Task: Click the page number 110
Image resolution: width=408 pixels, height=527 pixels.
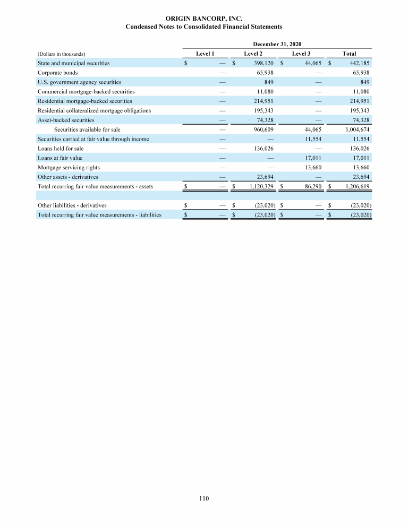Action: tap(204, 498)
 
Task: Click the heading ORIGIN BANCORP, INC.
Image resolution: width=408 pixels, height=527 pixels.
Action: tap(204, 19)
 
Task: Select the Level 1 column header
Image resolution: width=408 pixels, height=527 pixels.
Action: tap(205, 54)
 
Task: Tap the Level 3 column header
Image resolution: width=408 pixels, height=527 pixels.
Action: tap(301, 54)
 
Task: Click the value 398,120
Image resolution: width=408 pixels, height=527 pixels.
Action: tap(262, 63)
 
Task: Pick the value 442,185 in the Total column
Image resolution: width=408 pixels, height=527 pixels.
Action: tap(358, 63)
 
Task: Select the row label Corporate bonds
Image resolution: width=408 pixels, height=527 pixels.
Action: tap(57, 73)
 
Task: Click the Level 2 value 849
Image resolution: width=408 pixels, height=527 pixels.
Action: tap(269, 82)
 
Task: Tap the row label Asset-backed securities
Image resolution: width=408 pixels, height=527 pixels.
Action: tap(66, 120)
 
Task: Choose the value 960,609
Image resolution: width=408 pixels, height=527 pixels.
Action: tap(262, 129)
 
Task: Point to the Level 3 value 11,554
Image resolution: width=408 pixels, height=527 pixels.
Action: tap(312, 139)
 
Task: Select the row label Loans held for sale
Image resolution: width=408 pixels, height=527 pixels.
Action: tap(60, 149)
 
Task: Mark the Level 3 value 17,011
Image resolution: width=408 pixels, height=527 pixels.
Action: tap(312, 158)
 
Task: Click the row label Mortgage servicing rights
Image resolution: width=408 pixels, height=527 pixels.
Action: tap(69, 168)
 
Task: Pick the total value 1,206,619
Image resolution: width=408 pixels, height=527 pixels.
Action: tap(355, 187)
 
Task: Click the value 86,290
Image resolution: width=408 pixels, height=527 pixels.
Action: tap(312, 187)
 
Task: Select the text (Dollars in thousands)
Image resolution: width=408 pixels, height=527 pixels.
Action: tap(62, 54)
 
